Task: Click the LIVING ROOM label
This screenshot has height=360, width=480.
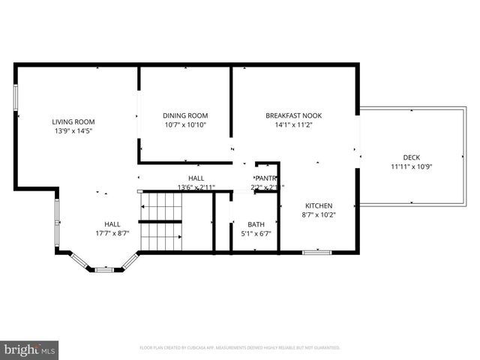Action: click(x=73, y=121)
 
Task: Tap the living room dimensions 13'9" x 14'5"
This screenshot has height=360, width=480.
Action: click(x=73, y=131)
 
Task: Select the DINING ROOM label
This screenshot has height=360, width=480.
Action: click(x=185, y=115)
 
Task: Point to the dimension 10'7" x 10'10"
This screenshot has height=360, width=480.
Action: click(x=185, y=125)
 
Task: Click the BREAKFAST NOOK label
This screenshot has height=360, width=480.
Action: click(x=293, y=115)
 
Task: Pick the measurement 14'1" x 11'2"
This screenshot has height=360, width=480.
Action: click(x=293, y=125)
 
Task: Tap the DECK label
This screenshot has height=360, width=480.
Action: click(x=412, y=157)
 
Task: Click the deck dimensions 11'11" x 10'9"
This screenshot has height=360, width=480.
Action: click(x=412, y=167)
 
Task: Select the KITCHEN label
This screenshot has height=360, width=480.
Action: click(x=319, y=205)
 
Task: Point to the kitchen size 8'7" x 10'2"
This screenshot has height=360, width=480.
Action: click(x=319, y=215)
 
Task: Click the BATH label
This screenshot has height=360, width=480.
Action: click(x=256, y=224)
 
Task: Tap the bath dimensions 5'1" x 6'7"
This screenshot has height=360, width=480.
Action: click(x=256, y=234)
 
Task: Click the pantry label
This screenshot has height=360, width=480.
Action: click(x=266, y=178)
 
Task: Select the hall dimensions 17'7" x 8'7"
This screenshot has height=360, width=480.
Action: click(x=112, y=234)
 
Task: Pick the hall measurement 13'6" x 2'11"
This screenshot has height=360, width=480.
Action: click(x=196, y=187)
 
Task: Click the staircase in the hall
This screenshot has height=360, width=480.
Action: click(x=161, y=221)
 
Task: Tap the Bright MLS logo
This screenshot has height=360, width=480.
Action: click(x=30, y=349)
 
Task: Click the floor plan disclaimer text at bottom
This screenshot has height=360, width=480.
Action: click(x=240, y=348)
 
